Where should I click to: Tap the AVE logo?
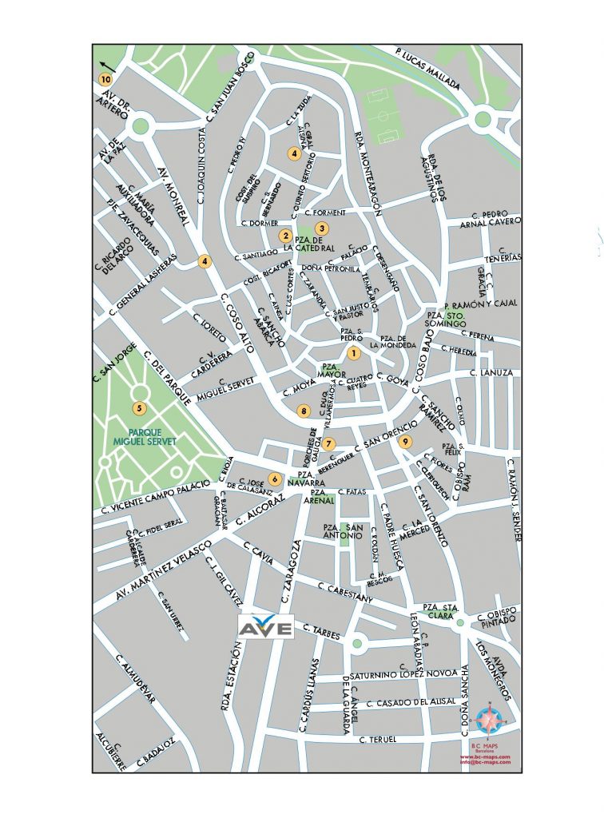[267, 626]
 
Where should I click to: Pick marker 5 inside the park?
[140, 409]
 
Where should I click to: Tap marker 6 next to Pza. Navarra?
[275, 479]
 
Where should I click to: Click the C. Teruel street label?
[377, 741]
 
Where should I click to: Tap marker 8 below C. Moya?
[303, 411]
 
